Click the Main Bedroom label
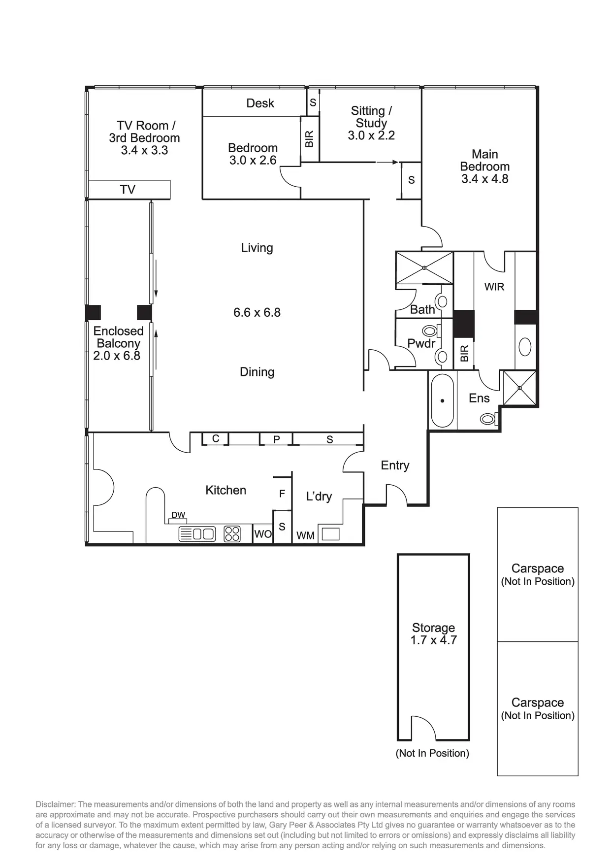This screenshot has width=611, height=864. click(x=484, y=161)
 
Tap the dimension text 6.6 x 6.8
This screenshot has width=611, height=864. click(x=257, y=312)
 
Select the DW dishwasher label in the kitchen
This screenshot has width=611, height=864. click(x=178, y=515)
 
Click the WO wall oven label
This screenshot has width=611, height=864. click(x=263, y=534)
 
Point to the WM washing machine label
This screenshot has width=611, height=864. click(x=305, y=535)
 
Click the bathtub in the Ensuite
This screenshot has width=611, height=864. click(x=442, y=400)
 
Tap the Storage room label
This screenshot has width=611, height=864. click(x=433, y=628)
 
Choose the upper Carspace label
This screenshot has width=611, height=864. click(x=538, y=569)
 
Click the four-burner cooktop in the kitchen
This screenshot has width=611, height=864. click(x=232, y=534)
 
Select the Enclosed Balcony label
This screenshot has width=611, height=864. click(x=118, y=337)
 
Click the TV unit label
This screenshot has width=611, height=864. click(x=128, y=190)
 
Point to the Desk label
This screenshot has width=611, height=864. click(x=260, y=103)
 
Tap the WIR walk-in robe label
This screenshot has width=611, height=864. click(x=494, y=287)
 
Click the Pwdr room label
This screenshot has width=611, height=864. click(x=421, y=343)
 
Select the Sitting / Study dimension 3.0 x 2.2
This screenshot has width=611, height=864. click(x=371, y=135)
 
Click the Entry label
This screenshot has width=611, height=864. click(x=395, y=465)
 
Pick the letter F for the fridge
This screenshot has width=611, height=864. click(x=282, y=494)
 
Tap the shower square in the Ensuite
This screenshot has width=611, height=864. click(x=519, y=388)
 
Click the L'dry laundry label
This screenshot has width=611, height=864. click(x=319, y=497)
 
